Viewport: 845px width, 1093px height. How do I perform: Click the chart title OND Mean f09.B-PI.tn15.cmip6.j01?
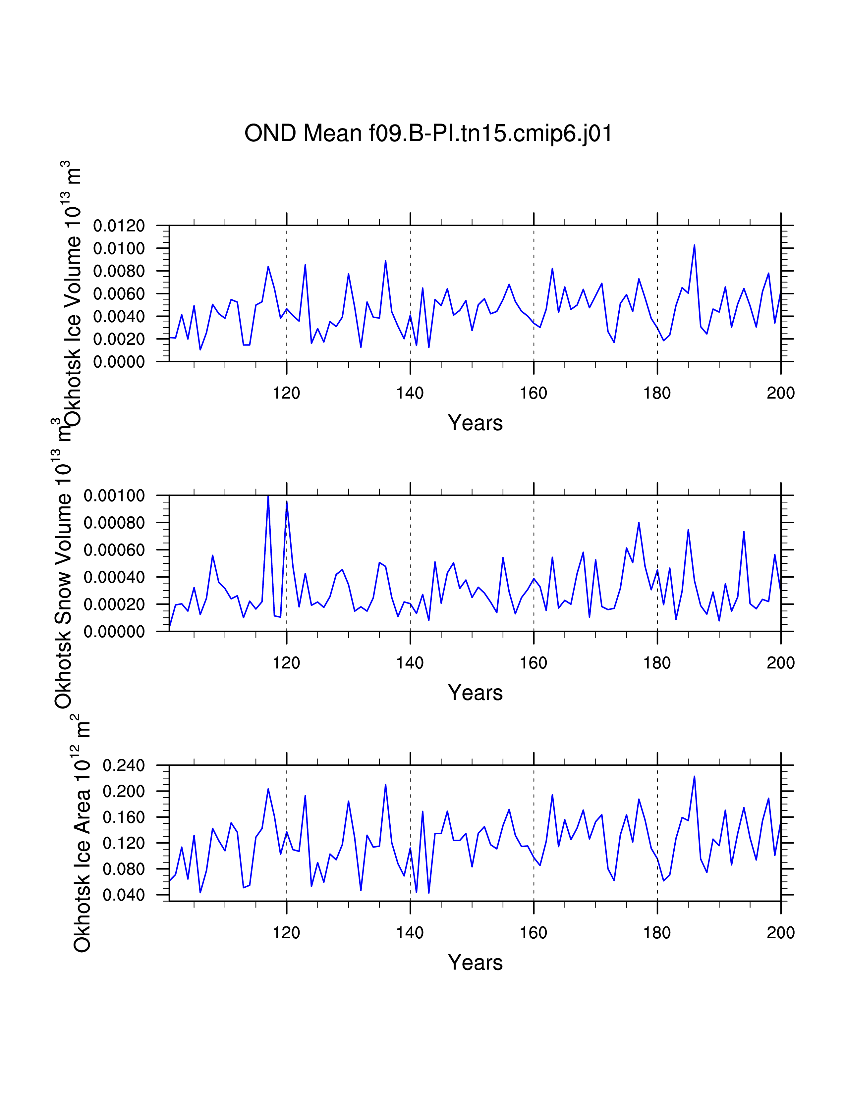click(428, 133)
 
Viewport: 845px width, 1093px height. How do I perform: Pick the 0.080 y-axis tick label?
click(124, 869)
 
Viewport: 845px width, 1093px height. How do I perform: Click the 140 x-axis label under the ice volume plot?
click(410, 393)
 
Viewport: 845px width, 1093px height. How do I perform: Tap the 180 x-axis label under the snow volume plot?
click(657, 663)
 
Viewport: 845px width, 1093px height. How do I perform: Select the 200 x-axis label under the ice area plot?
click(780, 933)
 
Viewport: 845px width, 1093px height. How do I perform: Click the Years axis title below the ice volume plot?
click(475, 423)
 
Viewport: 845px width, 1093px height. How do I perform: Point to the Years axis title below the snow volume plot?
click(475, 693)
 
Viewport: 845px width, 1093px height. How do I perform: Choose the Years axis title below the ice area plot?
click(475, 963)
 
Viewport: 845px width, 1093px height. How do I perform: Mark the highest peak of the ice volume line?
click(694, 245)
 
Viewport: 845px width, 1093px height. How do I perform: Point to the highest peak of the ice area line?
click(694, 776)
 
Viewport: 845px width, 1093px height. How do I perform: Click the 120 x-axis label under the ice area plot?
click(286, 933)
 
